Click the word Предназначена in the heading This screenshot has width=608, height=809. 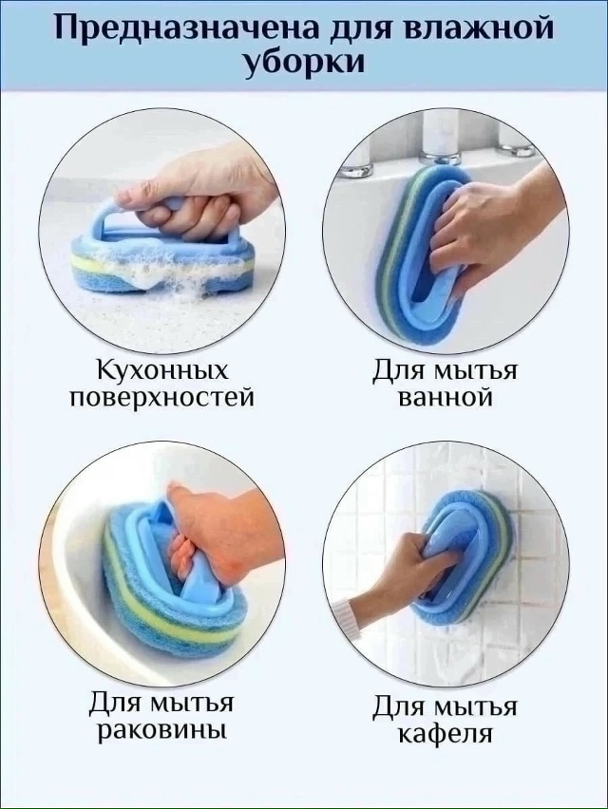183,28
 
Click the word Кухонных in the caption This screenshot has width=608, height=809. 162,371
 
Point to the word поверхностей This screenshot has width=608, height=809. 162,398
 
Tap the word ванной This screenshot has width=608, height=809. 445,398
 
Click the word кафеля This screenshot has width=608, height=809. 445,733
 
